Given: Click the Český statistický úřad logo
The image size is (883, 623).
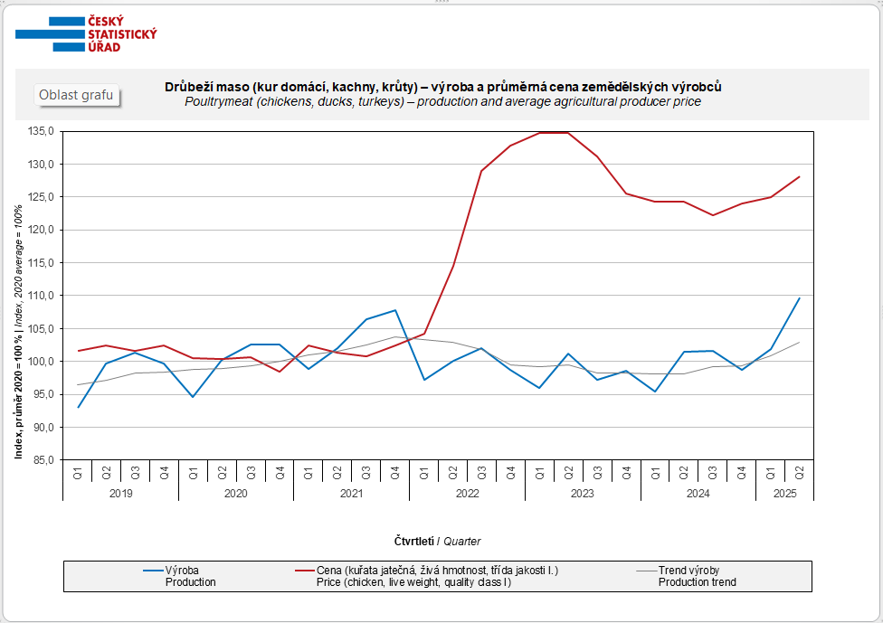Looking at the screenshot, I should [87, 33].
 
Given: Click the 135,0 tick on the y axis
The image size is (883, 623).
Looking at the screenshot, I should [42, 131].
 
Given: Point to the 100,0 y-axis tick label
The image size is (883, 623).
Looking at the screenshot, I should [42, 362].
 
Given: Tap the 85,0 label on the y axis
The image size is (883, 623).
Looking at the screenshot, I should [43, 460].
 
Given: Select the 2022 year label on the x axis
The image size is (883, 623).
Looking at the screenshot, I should [467, 494].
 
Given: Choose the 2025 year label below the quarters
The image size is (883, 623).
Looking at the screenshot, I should [785, 494].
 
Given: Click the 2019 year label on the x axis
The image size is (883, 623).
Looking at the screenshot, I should [120, 494].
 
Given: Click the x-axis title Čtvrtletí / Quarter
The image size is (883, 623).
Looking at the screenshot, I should [437, 541].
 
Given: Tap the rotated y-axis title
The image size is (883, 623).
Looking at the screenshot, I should [19, 331].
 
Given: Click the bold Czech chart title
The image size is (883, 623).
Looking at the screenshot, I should [442, 87].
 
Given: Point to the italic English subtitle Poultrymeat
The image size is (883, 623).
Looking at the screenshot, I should [442, 102].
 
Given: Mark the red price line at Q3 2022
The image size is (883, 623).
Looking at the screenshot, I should [482, 171].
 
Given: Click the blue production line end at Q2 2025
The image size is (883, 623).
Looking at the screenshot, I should [800, 297].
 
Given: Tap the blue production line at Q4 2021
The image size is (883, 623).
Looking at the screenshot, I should [395, 310].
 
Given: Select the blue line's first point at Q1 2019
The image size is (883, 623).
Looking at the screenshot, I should [78, 407].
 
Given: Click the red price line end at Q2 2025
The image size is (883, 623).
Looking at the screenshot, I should [800, 176].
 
